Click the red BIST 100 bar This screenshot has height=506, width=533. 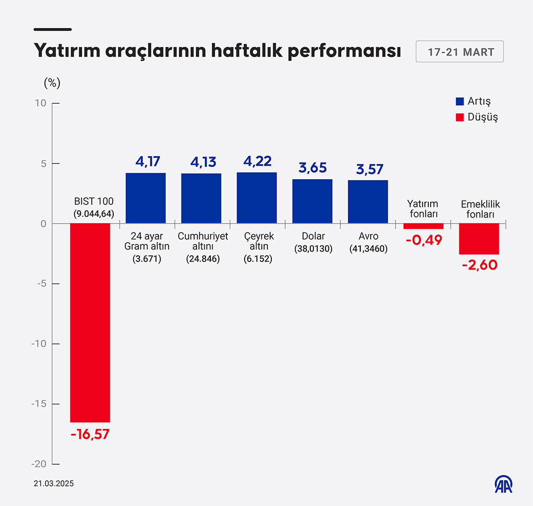tap(90, 322)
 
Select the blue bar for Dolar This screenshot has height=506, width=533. tap(312, 201)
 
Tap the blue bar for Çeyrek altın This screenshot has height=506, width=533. tap(257, 198)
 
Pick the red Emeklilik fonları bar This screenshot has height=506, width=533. tap(479, 239)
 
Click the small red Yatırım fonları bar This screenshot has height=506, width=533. tap(424, 226)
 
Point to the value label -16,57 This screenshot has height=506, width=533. tap(90, 434)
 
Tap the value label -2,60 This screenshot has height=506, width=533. tap(479, 264)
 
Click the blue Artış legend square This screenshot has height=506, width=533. tap(460, 101)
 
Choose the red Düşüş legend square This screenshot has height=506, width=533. tap(460, 117)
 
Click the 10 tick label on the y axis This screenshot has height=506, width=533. tap(41, 103)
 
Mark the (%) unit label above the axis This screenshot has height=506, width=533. tap(52, 83)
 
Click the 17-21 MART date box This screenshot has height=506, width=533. tap(460, 52)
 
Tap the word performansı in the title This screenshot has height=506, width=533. tap(344, 52)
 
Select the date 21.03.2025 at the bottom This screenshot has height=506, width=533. tap(54, 484)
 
